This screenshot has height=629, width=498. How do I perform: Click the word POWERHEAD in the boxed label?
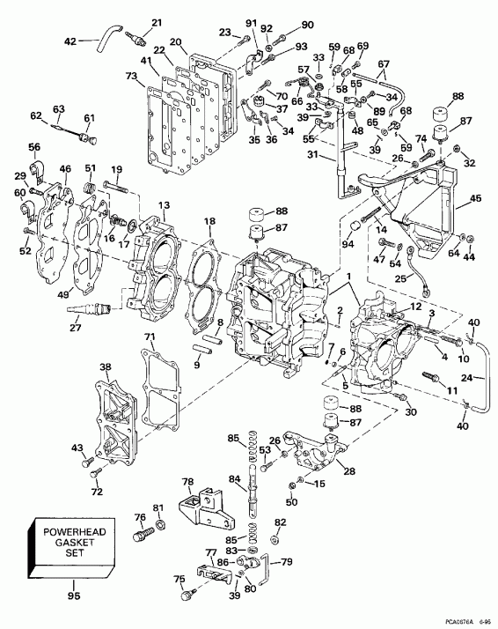pos(73,531)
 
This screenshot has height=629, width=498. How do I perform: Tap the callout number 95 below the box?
pos(73,596)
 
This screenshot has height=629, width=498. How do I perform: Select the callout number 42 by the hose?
pos(71,41)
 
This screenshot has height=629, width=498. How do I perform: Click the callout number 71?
pos(150,337)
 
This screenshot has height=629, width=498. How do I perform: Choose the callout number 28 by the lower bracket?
pos(351,473)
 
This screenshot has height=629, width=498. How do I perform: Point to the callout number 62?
pos(36,115)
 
